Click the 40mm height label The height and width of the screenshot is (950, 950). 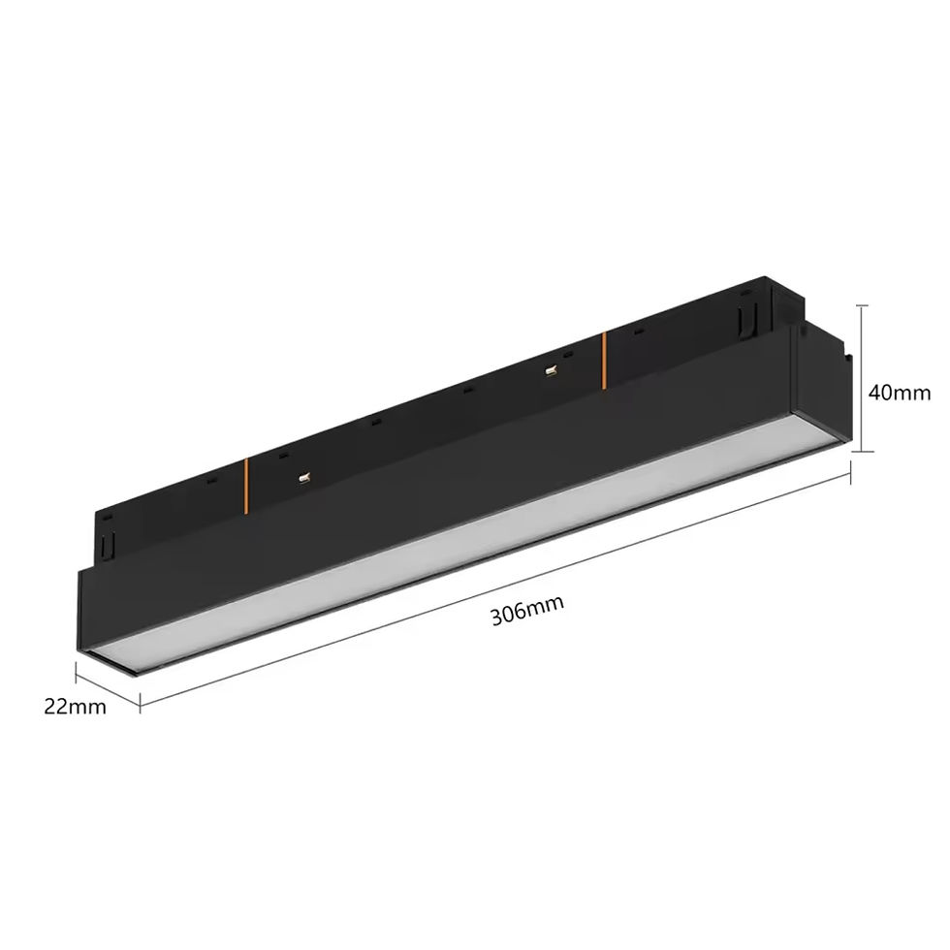(x=900, y=394)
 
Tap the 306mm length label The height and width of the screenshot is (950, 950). (x=527, y=610)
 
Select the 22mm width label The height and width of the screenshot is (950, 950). (x=76, y=707)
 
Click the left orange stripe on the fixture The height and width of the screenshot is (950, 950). (x=246, y=487)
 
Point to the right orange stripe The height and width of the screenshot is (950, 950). (x=604, y=361)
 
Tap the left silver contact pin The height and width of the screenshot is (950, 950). (x=304, y=479)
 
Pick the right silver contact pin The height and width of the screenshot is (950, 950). (x=552, y=370)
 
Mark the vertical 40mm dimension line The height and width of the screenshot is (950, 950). (x=865, y=379)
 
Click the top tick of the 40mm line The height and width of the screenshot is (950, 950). (x=865, y=306)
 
